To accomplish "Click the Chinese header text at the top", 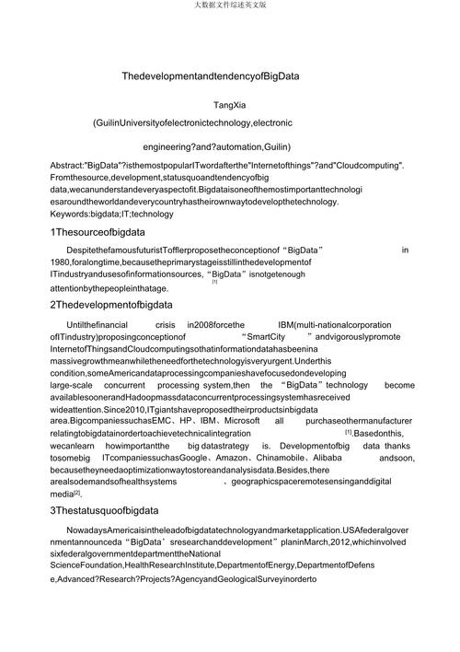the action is pos(229,6).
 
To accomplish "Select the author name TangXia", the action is pos(229,105).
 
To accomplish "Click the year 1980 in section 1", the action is pos(61,262).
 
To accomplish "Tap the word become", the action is pos(398,385).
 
